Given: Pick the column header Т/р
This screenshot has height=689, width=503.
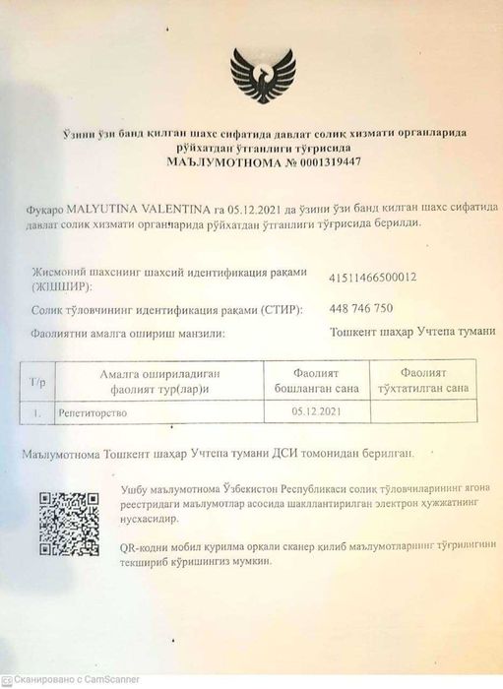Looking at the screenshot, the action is tap(38, 381).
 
